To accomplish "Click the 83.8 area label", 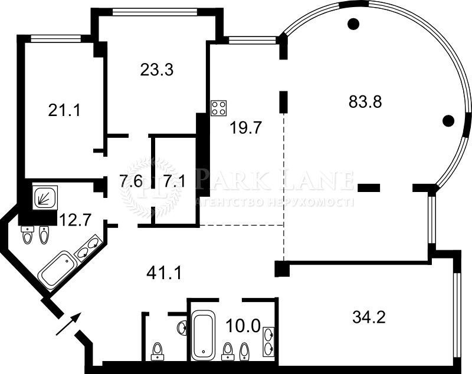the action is coord(365,101).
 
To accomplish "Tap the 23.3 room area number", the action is coord(156,69).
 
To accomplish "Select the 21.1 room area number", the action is coord(64,111).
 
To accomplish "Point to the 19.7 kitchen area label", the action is coord(246,128).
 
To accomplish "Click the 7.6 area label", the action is coord(131,181).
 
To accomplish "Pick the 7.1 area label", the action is coord(174,181).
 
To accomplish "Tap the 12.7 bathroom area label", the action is coord(75,220).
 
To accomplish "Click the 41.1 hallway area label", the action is coord(164,273).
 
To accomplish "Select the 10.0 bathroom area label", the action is coord(243,326).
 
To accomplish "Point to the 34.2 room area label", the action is coord(369,317).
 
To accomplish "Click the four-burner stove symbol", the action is coord(219,108).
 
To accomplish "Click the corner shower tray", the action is coord(45,197).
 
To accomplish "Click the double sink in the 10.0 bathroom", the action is coord(269,342).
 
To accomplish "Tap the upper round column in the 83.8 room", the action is coord(353,24).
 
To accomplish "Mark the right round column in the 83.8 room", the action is coord(448,121).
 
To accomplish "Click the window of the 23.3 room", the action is coord(155,12).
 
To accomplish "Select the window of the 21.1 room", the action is coord(55,38).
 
